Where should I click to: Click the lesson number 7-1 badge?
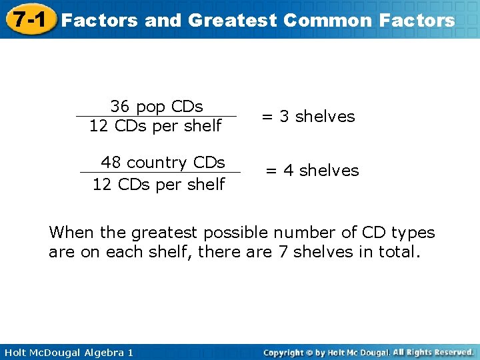[27, 19]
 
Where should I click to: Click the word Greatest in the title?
[231, 20]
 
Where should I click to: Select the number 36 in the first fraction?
[120, 106]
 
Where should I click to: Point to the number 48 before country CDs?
[111, 163]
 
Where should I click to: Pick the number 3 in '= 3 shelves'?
[284, 117]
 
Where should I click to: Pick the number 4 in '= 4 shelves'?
[288, 171]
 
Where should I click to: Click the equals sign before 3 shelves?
[267, 117]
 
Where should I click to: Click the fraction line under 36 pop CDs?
[156, 116]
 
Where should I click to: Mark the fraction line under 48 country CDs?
[160, 173]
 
